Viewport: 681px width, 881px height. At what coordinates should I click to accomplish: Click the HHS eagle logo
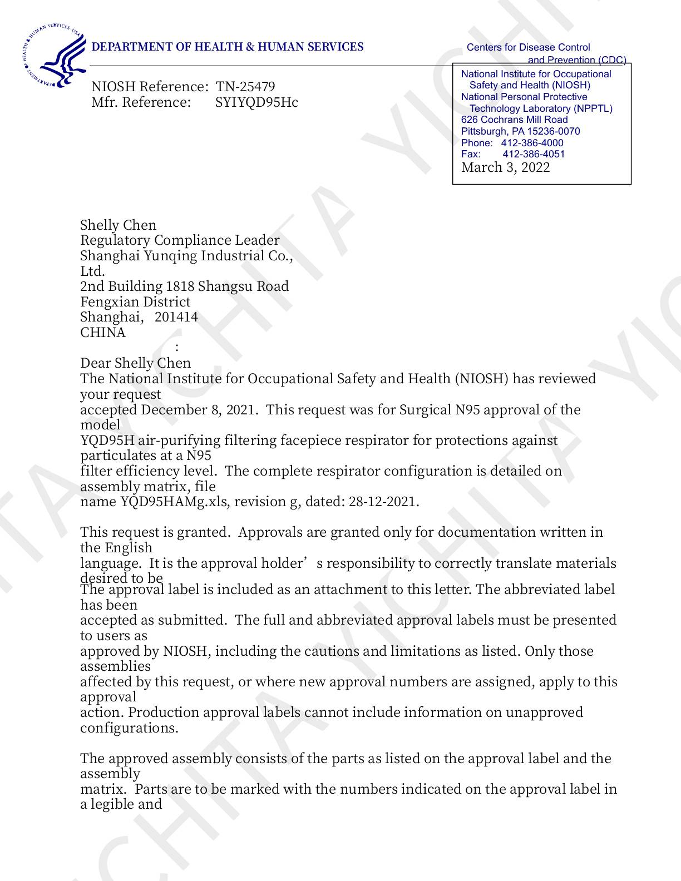tap(56, 56)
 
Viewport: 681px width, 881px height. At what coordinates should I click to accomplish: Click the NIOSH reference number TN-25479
tap(245, 87)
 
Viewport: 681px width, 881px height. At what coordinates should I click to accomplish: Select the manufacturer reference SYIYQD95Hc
tap(256, 102)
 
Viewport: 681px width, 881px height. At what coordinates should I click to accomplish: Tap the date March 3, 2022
tap(505, 167)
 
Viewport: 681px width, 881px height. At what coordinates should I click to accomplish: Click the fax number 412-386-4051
tap(534, 154)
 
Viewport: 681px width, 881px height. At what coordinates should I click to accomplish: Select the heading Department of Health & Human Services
tap(227, 47)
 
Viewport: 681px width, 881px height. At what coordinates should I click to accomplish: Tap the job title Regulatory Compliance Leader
tap(180, 240)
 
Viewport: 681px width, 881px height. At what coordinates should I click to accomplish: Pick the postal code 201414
tap(176, 317)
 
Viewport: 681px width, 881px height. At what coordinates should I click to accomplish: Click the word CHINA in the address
tap(103, 333)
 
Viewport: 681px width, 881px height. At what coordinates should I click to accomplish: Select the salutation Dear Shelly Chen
tap(135, 363)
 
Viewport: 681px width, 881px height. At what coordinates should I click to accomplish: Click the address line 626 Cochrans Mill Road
tap(514, 120)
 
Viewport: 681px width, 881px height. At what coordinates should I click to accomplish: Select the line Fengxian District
tap(135, 302)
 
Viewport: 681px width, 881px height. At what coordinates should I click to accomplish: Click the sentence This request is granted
tap(155, 532)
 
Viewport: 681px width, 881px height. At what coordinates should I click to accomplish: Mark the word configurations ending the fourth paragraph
tap(129, 728)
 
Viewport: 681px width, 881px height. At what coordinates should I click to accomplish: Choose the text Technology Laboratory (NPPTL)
tap(541, 108)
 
